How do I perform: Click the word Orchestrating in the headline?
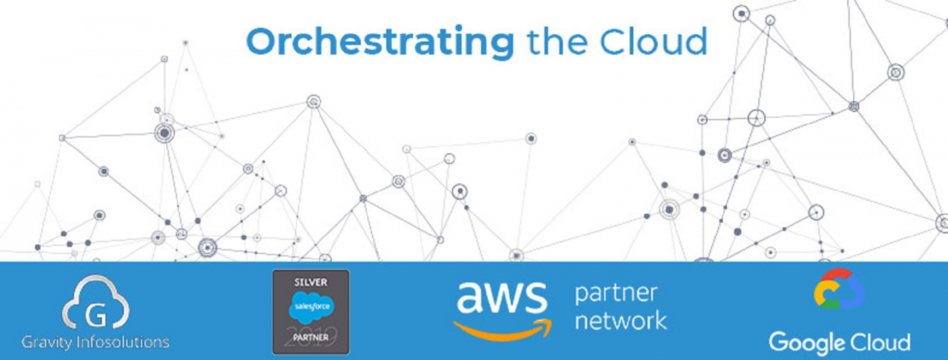coord(380,42)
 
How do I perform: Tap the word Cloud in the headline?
coord(654,41)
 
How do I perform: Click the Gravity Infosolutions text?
coord(95,342)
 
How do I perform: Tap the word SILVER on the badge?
coord(311,282)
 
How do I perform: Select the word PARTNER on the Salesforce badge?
coord(311,338)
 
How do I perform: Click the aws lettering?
coord(502,297)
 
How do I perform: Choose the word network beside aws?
coord(621,321)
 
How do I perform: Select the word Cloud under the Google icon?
coord(876,342)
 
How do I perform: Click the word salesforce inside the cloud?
coord(311,307)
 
